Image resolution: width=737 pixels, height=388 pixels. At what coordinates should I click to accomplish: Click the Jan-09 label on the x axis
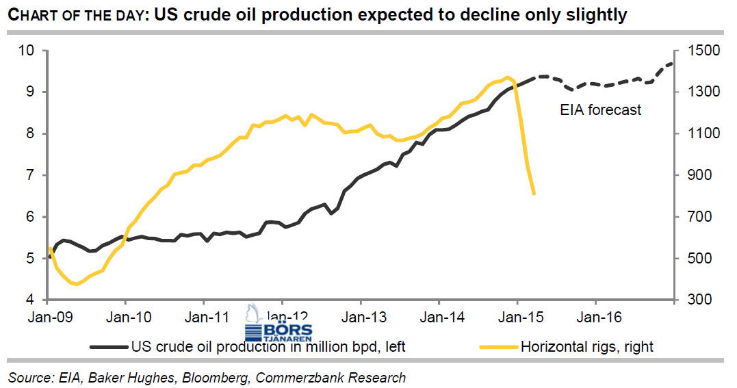[x=48, y=317]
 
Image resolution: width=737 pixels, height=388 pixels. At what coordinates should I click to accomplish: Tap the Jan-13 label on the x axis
[x=361, y=317]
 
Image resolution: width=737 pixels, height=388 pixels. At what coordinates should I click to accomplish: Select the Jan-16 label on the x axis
[x=596, y=317]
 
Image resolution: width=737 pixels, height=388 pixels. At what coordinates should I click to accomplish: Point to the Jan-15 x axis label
[x=518, y=317]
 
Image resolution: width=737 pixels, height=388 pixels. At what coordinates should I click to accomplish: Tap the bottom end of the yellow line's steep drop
[x=534, y=194]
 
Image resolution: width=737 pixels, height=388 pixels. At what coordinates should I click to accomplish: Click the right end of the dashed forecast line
[x=673, y=64]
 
